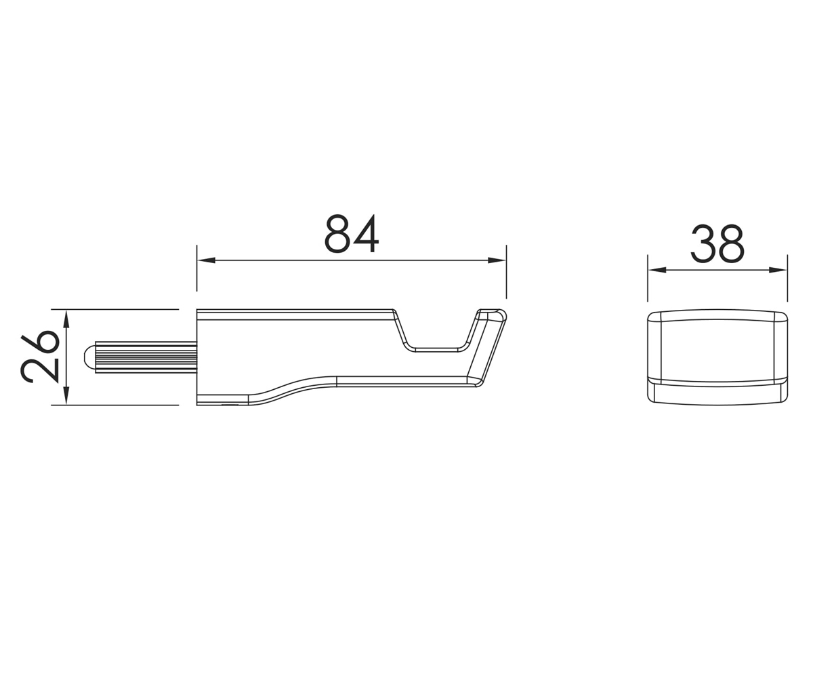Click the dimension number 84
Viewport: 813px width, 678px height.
coord(351,233)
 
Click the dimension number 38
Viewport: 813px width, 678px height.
coord(717,243)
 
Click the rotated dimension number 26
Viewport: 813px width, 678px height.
coord(39,359)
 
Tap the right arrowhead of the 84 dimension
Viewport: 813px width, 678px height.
coord(497,260)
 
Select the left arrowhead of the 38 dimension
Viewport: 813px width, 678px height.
coord(657,270)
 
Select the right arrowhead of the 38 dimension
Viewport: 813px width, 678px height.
coord(778,270)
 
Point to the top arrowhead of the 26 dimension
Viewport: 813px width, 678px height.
coord(66,319)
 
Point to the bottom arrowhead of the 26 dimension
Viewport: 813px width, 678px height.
coord(66,395)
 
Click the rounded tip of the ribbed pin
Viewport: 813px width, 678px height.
coord(89,357)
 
